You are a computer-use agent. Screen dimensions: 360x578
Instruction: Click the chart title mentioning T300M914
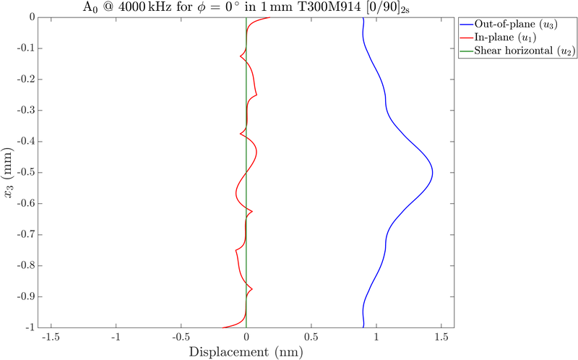[x=246, y=8]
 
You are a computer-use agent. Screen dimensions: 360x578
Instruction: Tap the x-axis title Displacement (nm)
[x=246, y=353]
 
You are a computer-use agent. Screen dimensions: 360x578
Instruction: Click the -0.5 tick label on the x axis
[x=181, y=337]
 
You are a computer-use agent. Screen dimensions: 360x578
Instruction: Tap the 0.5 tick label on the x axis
[x=311, y=337]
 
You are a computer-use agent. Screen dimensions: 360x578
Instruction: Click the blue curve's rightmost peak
[x=432, y=172]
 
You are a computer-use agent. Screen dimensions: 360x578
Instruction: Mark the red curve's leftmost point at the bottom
[x=220, y=327]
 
